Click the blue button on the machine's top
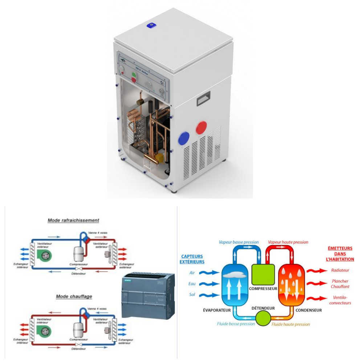tap(151, 25)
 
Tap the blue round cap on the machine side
tap(184, 138)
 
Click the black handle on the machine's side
tap(203, 98)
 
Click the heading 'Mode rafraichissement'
tap(73, 220)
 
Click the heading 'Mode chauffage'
tap(74, 297)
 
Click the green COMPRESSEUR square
tap(263, 274)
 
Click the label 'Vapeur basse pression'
tap(238, 242)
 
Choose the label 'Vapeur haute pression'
tap(288, 242)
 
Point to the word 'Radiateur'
tap(340, 270)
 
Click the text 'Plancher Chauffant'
tap(340, 284)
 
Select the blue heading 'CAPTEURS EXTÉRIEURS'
tap(192, 259)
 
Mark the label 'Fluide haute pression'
tap(291, 324)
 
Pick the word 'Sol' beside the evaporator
tap(192, 295)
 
